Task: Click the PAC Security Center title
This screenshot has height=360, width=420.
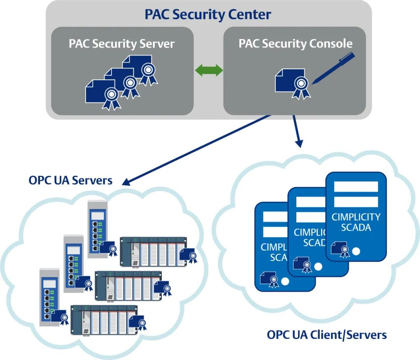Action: [x=208, y=15]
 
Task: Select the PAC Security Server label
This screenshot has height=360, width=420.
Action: [x=122, y=44]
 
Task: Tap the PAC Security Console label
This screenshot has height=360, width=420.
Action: [x=296, y=44]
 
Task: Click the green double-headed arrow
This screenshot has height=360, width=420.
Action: [x=209, y=70]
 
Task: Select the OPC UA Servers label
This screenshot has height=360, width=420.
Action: [x=70, y=180]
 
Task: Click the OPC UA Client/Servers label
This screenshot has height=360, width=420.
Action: [x=327, y=335]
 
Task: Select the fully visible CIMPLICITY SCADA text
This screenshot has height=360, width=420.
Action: [x=356, y=222]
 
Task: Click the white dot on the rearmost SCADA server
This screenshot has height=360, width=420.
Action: [x=355, y=252]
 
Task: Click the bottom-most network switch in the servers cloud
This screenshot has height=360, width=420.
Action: [x=49, y=296]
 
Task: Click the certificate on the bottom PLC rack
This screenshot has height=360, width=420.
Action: [x=138, y=322]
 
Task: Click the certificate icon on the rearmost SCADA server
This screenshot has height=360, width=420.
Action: [x=340, y=249]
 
